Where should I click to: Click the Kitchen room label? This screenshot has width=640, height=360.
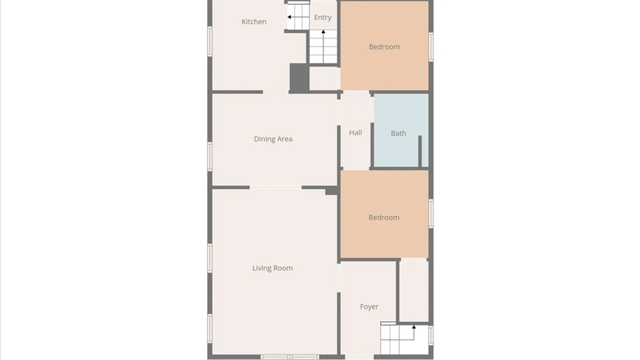coord(254,22)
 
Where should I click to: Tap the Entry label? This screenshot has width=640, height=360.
coord(322,17)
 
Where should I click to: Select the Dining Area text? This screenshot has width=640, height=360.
coord(273,139)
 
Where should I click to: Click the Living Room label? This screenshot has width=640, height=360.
coord(272,268)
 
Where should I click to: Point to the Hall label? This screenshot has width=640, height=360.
coord(355,133)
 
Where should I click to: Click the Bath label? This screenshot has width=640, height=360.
coord(398,133)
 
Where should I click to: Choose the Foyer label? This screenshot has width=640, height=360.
coord(369,307)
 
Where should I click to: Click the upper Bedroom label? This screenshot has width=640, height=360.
coord(384,47)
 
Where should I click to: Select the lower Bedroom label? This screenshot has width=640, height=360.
coord(384,217)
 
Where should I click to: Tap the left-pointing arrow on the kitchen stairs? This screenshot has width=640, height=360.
coord(289,17)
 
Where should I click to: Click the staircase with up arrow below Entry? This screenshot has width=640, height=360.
coord(323,47)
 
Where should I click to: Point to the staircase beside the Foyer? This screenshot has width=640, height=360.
coord(404,340)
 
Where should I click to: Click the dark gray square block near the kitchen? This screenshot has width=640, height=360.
coord(299,78)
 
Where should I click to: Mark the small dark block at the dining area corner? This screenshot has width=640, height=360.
coord(331,190)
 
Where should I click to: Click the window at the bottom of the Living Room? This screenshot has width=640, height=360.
coord(290,357)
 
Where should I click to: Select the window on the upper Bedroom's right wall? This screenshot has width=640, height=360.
coord(431,47)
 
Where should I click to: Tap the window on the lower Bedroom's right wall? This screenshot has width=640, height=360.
coord(431,214)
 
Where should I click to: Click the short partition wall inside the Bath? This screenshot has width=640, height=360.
coord(420,151)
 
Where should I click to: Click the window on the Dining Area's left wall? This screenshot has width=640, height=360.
coord(210,156)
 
